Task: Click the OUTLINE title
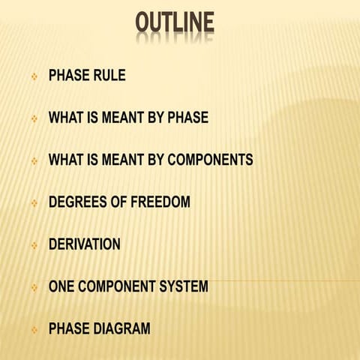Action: pyautogui.click(x=175, y=24)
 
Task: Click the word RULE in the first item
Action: pyautogui.click(x=107, y=76)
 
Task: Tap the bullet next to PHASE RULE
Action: pyautogui.click(x=34, y=76)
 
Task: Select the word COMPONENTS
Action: pyautogui.click(x=211, y=160)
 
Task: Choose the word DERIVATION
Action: pyautogui.click(x=84, y=244)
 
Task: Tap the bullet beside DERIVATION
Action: pyautogui.click(x=34, y=245)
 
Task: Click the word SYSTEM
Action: pyautogui.click(x=183, y=286)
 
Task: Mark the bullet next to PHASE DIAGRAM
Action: pyautogui.click(x=34, y=329)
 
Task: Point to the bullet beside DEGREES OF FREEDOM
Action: pyautogui.click(x=34, y=202)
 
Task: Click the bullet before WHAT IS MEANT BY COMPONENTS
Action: pyautogui.click(x=34, y=160)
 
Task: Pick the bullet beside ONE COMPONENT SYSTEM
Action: pyautogui.click(x=34, y=287)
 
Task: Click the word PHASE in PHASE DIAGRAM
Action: pyautogui.click(x=69, y=328)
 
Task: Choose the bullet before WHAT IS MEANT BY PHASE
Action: pyautogui.click(x=34, y=118)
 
